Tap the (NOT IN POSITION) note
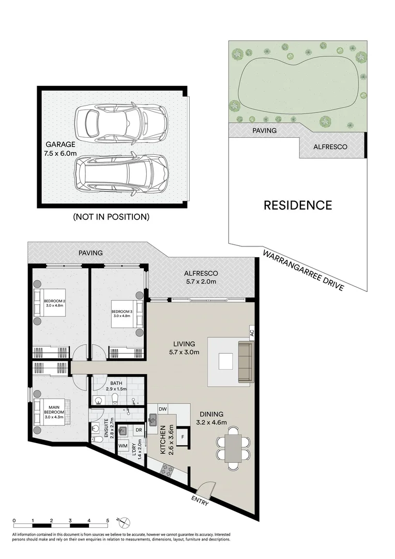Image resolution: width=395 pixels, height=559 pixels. point(111,217)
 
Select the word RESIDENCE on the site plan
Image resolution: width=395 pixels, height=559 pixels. point(297,205)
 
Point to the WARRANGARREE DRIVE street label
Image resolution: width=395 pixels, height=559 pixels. point(303,271)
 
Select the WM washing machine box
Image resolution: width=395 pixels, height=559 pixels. point(123,445)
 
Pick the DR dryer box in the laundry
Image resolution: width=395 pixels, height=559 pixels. point(138,430)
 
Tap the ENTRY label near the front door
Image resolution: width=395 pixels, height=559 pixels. point(200,501)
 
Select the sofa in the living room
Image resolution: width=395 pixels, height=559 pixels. point(245,362)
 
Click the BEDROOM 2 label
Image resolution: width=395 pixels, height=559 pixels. point(54,301)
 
